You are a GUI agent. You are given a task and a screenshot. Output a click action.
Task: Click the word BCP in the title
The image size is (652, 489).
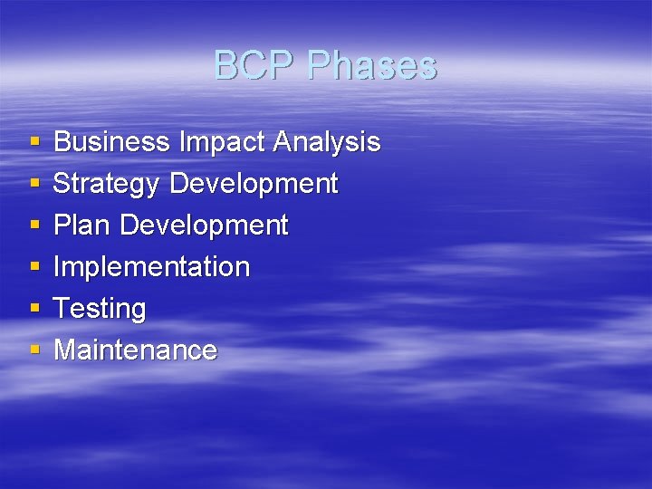click(255, 65)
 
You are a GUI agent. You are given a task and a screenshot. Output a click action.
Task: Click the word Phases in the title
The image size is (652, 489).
click(372, 65)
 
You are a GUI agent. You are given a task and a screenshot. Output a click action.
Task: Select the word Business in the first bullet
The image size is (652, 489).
click(112, 142)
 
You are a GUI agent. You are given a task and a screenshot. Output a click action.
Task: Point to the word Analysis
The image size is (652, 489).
click(327, 142)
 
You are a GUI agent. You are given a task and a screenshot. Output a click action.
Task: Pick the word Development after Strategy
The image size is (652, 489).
click(254, 184)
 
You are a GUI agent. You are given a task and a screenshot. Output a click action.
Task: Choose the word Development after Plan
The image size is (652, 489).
click(204, 225)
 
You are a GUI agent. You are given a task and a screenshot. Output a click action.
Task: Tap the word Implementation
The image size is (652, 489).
click(151, 267)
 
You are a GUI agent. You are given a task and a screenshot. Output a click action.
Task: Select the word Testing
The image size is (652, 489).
click(100, 309)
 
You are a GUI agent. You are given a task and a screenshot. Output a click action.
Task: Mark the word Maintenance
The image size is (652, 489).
click(136, 350)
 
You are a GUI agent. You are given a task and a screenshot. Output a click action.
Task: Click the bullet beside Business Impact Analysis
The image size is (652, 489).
click(34, 143)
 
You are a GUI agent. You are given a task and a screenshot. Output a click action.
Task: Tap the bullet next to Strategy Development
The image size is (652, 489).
click(34, 185)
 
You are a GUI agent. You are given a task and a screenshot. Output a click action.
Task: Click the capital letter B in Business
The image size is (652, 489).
click(62, 142)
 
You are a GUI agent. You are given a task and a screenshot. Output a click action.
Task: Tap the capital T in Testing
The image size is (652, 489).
click(62, 309)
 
